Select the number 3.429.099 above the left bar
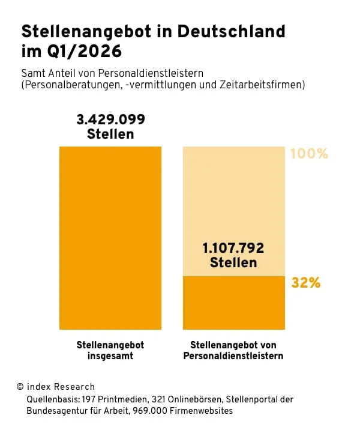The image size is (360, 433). (111, 119)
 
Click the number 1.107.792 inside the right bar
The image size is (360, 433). (233, 247)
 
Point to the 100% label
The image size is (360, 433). (309, 154)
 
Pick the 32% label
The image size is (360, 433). (305, 282)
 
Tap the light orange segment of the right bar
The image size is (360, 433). (233, 192)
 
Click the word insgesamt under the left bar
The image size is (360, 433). (110, 356)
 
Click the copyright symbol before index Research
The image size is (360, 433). (20, 387)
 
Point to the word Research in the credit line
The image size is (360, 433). (74, 387)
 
